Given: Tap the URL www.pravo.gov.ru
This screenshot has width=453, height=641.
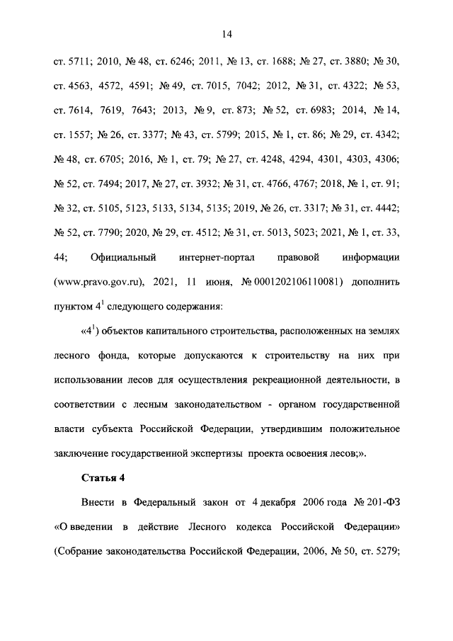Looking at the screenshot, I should (x=99, y=282).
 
